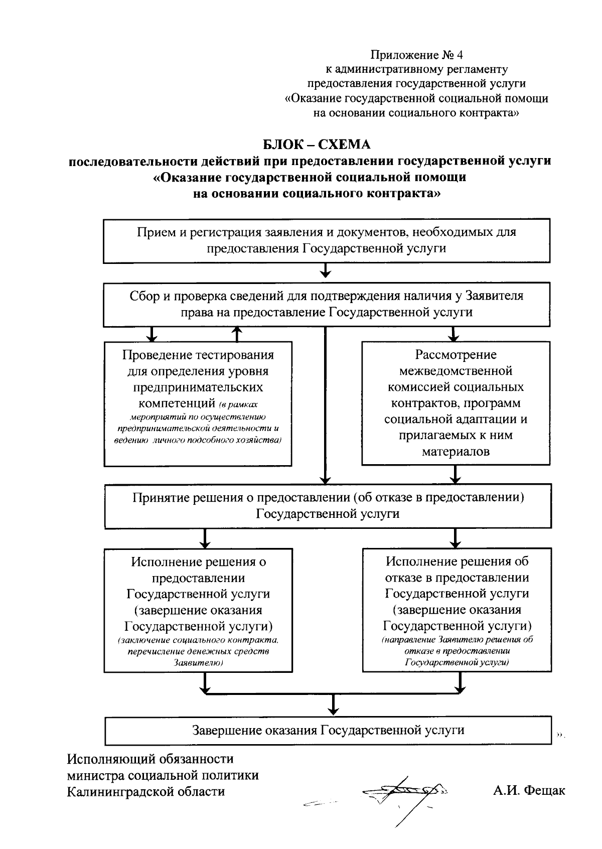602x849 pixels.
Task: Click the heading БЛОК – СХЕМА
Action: [x=317, y=145]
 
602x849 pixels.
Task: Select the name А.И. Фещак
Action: [x=529, y=791]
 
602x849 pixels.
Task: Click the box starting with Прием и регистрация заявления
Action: [x=327, y=240]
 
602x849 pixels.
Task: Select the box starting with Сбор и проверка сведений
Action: [x=327, y=304]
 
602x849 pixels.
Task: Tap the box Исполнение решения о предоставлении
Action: [x=198, y=610]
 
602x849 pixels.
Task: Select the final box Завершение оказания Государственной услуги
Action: [x=328, y=730]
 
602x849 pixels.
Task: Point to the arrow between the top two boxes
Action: [x=326, y=271]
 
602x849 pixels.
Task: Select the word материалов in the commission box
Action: [x=456, y=451]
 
